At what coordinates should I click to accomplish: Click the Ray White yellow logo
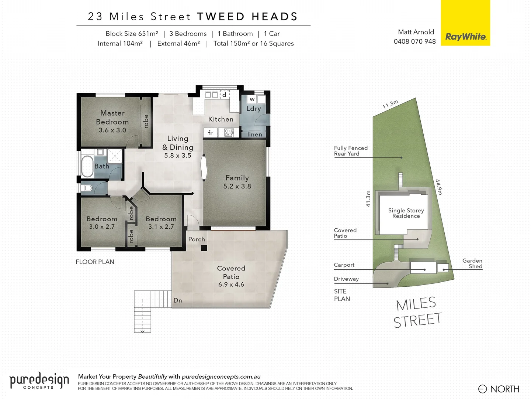tap(465, 23)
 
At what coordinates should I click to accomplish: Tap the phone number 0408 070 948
tap(414, 41)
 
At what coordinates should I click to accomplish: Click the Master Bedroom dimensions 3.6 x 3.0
tap(112, 130)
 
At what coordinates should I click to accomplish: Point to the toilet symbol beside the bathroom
tap(87, 188)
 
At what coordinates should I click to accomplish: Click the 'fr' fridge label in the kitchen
tap(210, 133)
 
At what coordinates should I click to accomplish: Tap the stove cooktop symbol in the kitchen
tap(229, 133)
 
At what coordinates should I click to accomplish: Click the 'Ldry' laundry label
tap(253, 109)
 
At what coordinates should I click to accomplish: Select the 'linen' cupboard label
tap(254, 134)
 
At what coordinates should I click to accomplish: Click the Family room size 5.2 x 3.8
tap(237, 186)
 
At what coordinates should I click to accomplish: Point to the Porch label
tap(197, 239)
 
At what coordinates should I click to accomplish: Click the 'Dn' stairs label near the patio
tap(178, 300)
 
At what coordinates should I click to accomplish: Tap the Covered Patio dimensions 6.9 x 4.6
tap(231, 284)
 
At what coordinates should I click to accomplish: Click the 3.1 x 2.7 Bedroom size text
tap(161, 226)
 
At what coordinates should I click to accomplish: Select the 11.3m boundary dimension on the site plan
tap(390, 105)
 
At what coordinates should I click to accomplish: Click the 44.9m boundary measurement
tap(438, 187)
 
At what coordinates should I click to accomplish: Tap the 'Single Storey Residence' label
tap(406, 213)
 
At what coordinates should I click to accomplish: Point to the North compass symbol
tap(482, 389)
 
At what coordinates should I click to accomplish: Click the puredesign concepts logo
tap(39, 381)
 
